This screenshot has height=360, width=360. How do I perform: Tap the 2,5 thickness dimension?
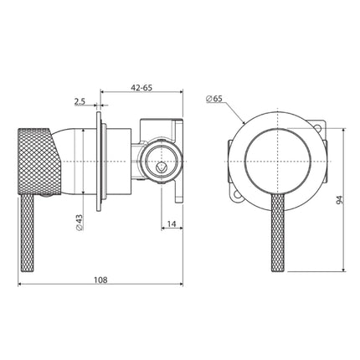click(80, 101)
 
